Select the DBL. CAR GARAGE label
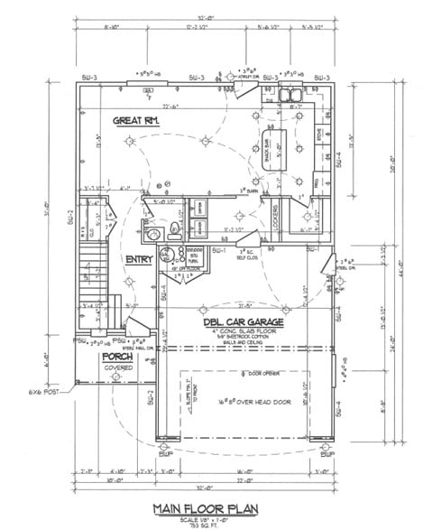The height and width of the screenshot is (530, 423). (x=242, y=321)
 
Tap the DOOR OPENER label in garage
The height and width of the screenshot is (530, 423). (x=248, y=372)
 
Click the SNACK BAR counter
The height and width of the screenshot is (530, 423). (x=268, y=143)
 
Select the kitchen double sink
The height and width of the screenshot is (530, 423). (x=291, y=95)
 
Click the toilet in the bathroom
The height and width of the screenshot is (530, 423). (x=154, y=234)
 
